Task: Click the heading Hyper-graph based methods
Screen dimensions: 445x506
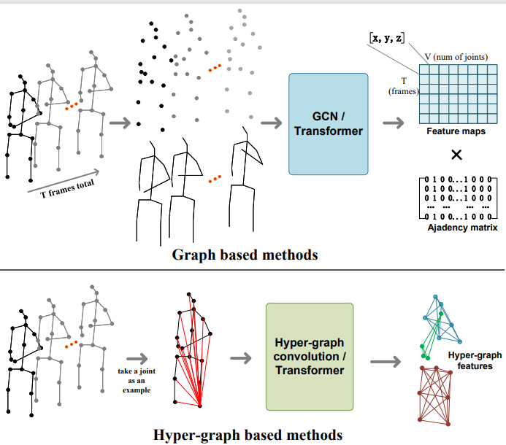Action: pyautogui.click(x=248, y=435)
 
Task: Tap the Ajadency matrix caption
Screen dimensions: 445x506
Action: pyautogui.click(x=461, y=228)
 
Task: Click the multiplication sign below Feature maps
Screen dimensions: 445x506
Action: pyautogui.click(x=456, y=155)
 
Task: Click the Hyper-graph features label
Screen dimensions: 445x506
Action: pyautogui.click(x=475, y=360)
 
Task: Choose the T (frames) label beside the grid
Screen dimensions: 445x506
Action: pyautogui.click(x=404, y=87)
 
